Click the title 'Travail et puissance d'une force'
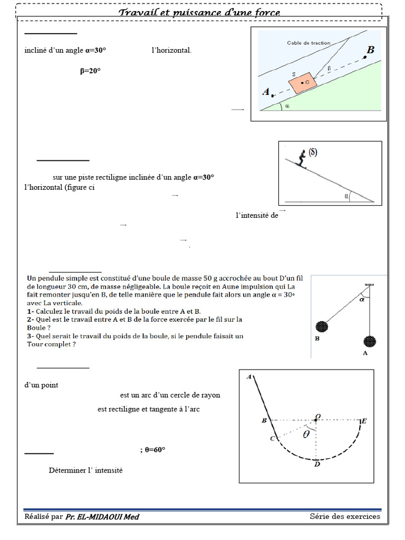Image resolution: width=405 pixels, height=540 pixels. coord(199,12)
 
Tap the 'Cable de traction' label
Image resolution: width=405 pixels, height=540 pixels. coord(308,43)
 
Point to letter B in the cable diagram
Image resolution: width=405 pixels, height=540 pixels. coord(370,50)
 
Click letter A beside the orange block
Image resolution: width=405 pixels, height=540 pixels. coord(266,92)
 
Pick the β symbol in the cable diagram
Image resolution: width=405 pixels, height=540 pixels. coord(329,68)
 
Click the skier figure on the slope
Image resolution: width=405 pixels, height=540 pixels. coord(302,159)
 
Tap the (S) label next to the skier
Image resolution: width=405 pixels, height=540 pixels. coord(313,152)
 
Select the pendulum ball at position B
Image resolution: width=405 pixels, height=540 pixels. coord(321,326)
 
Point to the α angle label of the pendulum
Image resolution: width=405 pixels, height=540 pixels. coord(362,300)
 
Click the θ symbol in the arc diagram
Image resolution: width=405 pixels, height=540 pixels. coord(306,435)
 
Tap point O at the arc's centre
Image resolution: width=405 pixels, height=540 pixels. coord(317,417)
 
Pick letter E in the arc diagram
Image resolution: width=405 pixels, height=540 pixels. coord(363,421)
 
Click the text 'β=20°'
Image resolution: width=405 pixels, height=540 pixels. coord(90,71)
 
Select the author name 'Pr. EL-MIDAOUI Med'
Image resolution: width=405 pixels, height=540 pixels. coord(102,517)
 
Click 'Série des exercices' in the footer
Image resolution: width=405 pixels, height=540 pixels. coord(345,516)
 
